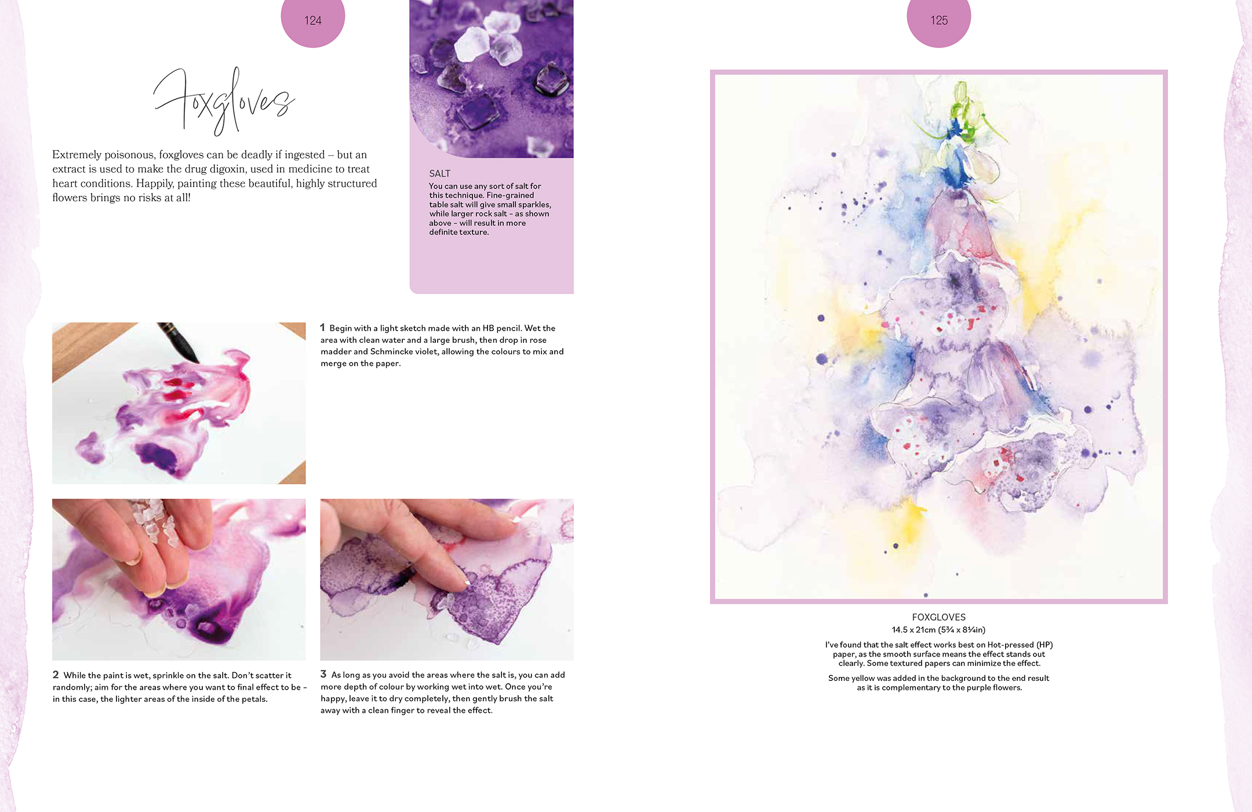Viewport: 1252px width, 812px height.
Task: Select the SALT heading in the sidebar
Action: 439,173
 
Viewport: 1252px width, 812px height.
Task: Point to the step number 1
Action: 323,328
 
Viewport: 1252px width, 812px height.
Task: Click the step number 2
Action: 56,675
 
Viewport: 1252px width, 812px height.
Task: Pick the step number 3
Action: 323,674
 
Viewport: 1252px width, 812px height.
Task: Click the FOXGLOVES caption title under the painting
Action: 938,617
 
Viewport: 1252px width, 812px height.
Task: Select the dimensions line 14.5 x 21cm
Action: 938,630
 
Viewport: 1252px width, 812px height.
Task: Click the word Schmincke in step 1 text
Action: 392,351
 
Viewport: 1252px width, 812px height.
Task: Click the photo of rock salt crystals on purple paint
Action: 492,78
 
